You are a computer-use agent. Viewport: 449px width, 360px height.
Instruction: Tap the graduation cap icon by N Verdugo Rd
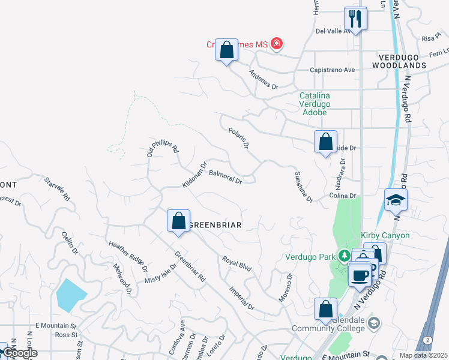[x=396, y=200]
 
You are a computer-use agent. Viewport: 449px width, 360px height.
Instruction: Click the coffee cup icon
[x=360, y=275]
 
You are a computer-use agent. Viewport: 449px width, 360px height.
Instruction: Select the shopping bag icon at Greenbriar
[x=178, y=221]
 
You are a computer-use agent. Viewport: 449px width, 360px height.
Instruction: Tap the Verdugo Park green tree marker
[x=343, y=257]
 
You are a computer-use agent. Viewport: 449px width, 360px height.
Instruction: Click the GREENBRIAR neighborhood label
[x=215, y=225]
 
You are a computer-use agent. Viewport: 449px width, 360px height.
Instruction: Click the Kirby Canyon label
[x=385, y=235]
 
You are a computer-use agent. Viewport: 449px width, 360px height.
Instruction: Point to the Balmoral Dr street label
[x=225, y=177]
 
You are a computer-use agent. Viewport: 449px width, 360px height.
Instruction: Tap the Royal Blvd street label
[x=237, y=264]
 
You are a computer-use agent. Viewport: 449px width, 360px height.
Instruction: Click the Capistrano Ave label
[x=332, y=70]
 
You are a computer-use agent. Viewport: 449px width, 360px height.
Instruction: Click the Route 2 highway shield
[x=426, y=340]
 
